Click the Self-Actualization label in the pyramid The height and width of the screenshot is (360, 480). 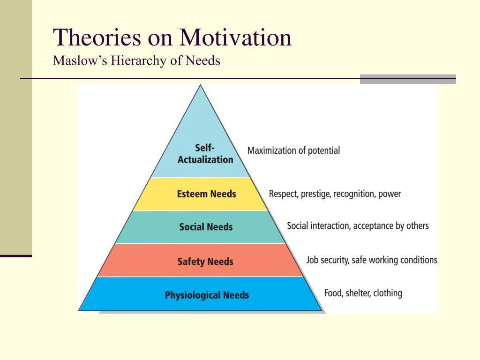tap(205, 154)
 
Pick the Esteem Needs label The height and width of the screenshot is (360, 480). tap(206, 194)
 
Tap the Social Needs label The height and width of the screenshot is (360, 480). tap(206, 227)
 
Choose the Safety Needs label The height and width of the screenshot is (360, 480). tap(205, 262)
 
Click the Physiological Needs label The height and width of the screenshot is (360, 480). tap(207, 295)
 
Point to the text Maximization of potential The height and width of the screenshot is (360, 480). tap(293, 151)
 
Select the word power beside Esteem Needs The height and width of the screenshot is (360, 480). tap(390, 194)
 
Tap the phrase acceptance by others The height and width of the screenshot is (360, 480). tap(390, 226)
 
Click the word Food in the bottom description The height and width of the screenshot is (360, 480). tap(333, 293)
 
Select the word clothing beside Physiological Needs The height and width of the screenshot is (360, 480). tap(387, 293)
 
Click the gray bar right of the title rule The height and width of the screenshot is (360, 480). tap(407, 79)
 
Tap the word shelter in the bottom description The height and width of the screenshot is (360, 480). tap(357, 293)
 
